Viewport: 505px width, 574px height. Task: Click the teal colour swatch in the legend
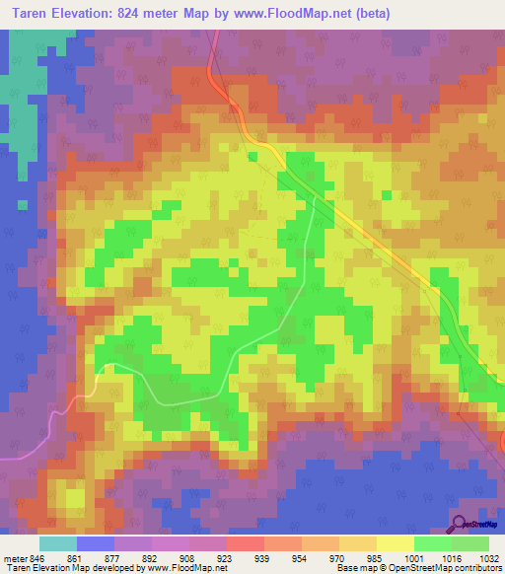pyautogui.click(x=58, y=543)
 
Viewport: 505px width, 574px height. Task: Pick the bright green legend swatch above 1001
pyautogui.click(x=432, y=543)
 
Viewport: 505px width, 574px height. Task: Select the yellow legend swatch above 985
pyautogui.click(x=395, y=543)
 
